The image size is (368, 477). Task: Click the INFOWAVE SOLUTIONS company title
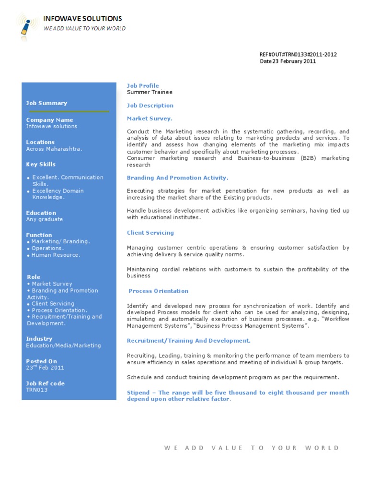[x=82, y=19]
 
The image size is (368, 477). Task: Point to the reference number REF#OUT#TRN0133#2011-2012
[x=298, y=55]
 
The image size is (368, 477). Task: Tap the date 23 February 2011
[x=288, y=61]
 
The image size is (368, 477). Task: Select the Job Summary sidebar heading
[x=46, y=103]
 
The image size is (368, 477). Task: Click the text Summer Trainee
[x=149, y=92]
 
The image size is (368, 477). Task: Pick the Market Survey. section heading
[x=149, y=119]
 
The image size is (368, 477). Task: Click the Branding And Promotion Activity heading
[x=177, y=178]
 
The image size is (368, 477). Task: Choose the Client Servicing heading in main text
[x=150, y=233]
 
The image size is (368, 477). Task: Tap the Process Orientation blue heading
[x=159, y=291]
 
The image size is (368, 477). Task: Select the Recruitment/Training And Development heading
[x=188, y=341]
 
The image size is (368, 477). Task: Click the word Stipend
[x=138, y=393]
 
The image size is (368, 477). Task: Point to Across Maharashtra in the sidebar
[x=54, y=149]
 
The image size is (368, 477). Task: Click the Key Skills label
[x=41, y=164]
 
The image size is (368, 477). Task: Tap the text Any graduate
[x=44, y=219]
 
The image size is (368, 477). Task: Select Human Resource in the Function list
[x=56, y=255]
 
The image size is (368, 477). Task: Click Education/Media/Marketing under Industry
[x=63, y=346]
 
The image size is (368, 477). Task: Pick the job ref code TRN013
[x=37, y=390]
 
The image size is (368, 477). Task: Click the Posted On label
[x=41, y=361]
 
